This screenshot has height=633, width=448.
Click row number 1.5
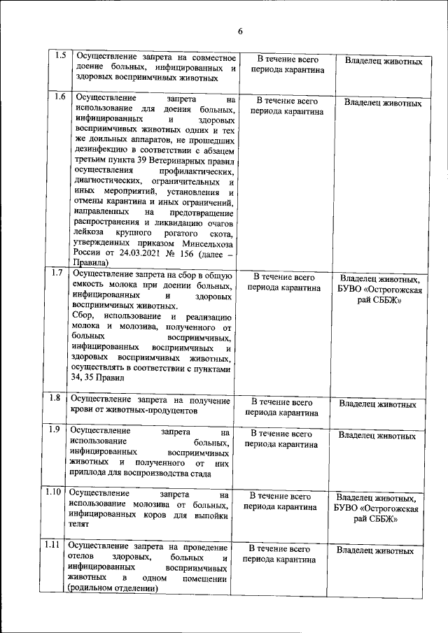(60, 56)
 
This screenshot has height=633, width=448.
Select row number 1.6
(60, 97)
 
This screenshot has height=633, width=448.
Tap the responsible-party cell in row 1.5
(384, 62)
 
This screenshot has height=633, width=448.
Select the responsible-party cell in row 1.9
(377, 435)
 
